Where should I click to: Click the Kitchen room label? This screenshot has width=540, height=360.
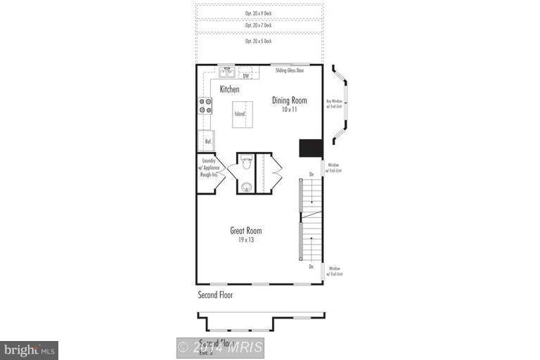(229, 89)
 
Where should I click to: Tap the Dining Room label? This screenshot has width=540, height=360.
(290, 101)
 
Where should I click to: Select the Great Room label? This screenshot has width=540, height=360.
(246, 230)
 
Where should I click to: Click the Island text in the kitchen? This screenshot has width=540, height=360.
(240, 113)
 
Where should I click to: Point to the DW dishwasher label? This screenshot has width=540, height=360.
(246, 75)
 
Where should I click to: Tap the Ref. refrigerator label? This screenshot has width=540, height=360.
(208, 141)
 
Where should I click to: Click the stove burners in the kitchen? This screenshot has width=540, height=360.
(205, 105)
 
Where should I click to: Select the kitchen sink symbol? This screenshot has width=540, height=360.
(227, 72)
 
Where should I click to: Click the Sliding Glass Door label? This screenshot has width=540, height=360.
(290, 70)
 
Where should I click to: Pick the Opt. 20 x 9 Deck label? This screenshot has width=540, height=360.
(259, 13)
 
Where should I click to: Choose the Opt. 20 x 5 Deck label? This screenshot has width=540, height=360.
(259, 41)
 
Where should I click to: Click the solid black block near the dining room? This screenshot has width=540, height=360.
(310, 148)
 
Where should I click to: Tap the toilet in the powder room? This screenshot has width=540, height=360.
(246, 163)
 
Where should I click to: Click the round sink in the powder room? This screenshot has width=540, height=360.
(246, 186)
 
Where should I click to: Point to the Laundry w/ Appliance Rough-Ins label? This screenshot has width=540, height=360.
(208, 168)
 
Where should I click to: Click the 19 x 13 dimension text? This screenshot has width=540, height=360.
(246, 240)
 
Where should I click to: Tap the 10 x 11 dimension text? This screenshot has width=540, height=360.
(290, 110)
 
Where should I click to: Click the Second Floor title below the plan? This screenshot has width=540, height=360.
(215, 295)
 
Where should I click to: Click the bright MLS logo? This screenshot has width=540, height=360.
(29, 349)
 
